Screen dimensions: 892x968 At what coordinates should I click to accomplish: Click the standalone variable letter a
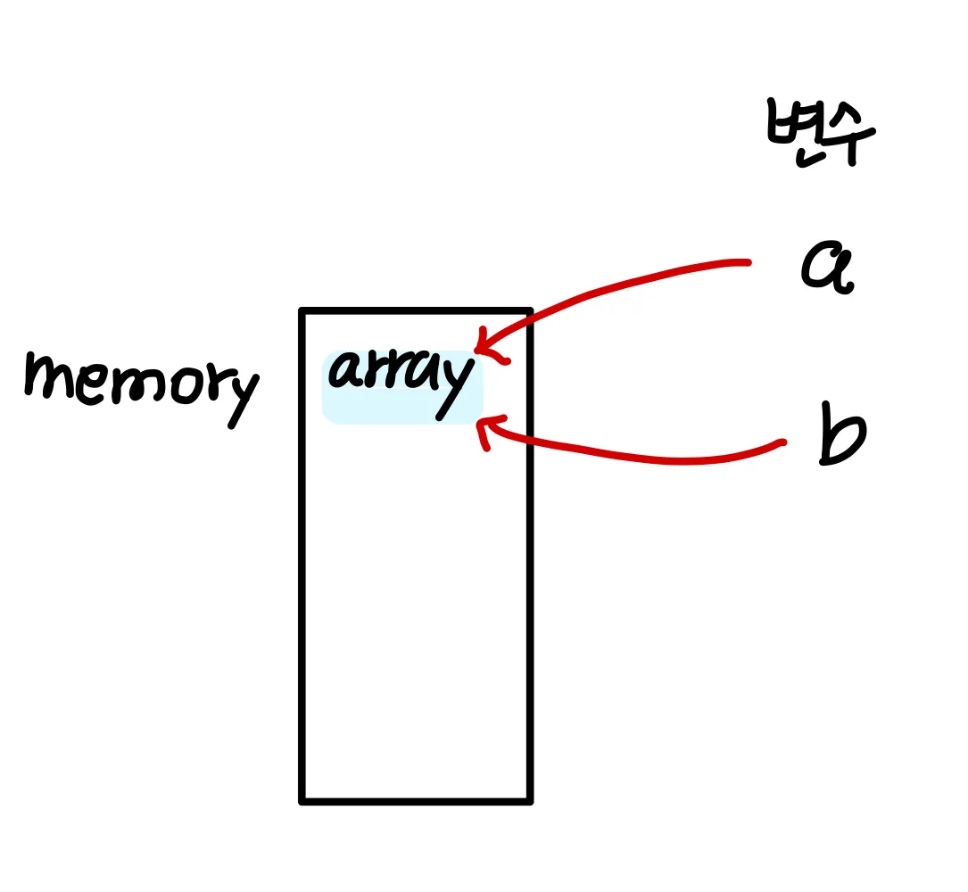pos(827,266)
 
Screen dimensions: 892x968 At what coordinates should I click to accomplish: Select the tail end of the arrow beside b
pos(782,442)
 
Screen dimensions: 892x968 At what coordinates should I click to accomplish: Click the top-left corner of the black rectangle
pos(303,311)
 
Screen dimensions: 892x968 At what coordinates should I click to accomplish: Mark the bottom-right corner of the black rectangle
pos(530,800)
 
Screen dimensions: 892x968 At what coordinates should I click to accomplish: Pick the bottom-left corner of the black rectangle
pos(303,800)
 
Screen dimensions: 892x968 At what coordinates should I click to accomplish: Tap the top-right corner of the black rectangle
pos(530,311)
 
